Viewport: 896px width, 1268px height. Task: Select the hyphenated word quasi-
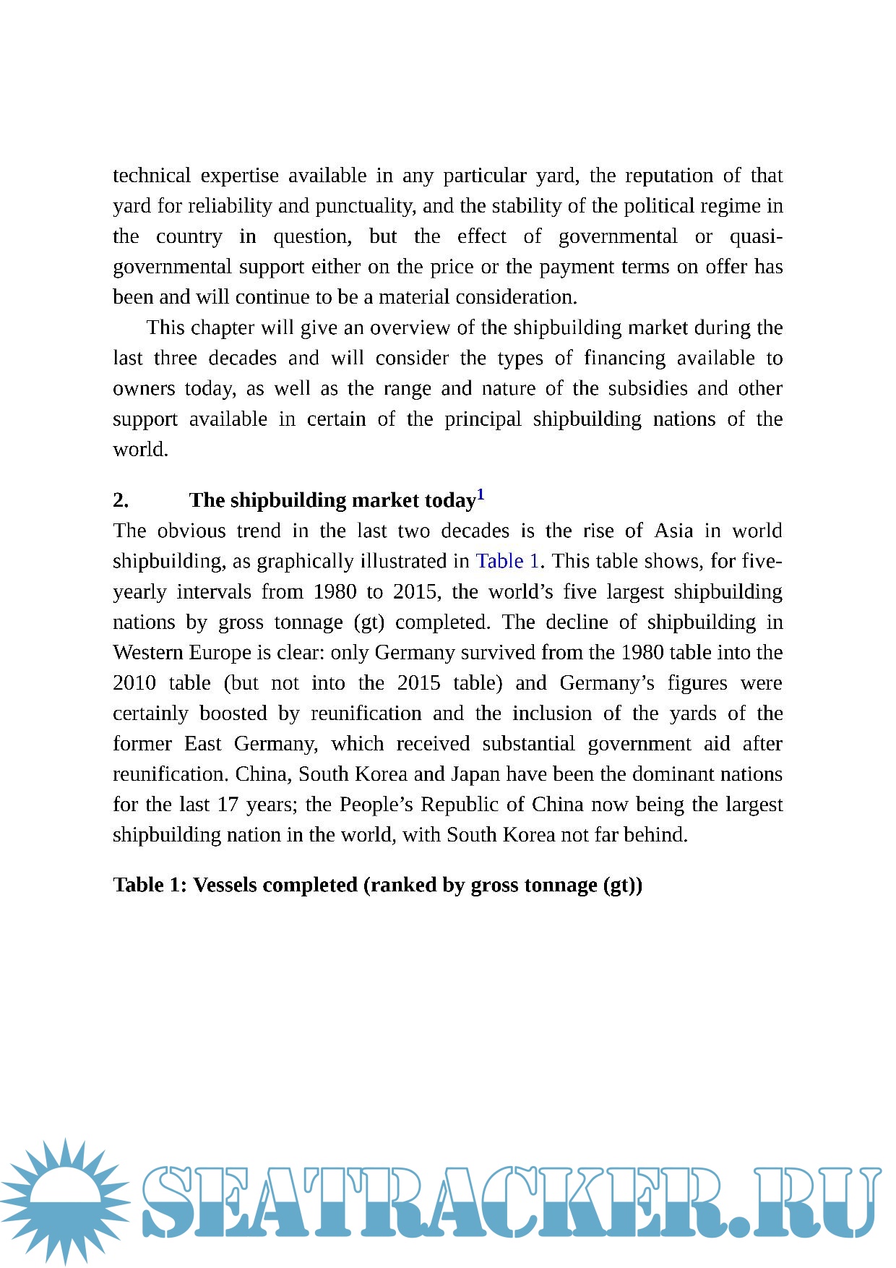coord(756,236)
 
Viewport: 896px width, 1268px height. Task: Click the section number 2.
coord(121,500)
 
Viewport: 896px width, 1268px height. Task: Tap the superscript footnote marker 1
coord(481,495)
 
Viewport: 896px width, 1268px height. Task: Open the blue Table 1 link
coord(507,561)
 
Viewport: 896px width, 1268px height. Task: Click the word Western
coord(148,652)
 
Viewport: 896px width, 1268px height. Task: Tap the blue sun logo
coord(65,1200)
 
